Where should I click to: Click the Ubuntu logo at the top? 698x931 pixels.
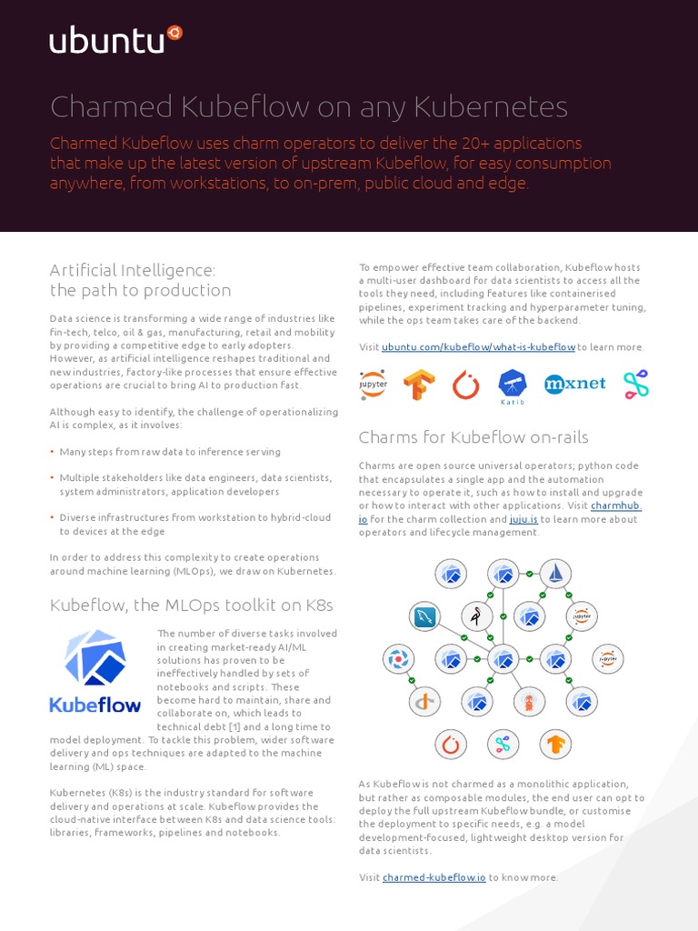(115, 39)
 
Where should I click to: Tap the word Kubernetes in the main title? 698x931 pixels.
(491, 107)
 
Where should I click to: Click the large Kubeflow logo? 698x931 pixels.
(95, 670)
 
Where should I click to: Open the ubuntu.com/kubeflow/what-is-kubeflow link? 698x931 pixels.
(478, 347)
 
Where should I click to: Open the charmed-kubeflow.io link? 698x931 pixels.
(434, 877)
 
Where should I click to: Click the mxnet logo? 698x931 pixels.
(574, 384)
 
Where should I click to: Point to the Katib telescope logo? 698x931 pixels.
(512, 384)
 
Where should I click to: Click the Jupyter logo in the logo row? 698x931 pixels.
(374, 384)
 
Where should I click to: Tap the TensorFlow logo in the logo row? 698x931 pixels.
(419, 385)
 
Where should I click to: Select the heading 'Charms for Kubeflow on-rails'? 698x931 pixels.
(474, 437)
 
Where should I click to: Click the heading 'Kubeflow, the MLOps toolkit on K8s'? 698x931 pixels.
(192, 605)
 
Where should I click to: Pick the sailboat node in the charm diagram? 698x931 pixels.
(554, 573)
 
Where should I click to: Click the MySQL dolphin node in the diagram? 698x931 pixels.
(424, 617)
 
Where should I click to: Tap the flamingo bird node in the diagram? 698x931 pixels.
(476, 616)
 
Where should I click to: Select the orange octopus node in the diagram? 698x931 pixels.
(529, 701)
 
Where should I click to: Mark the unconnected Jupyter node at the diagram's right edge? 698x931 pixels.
(608, 658)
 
